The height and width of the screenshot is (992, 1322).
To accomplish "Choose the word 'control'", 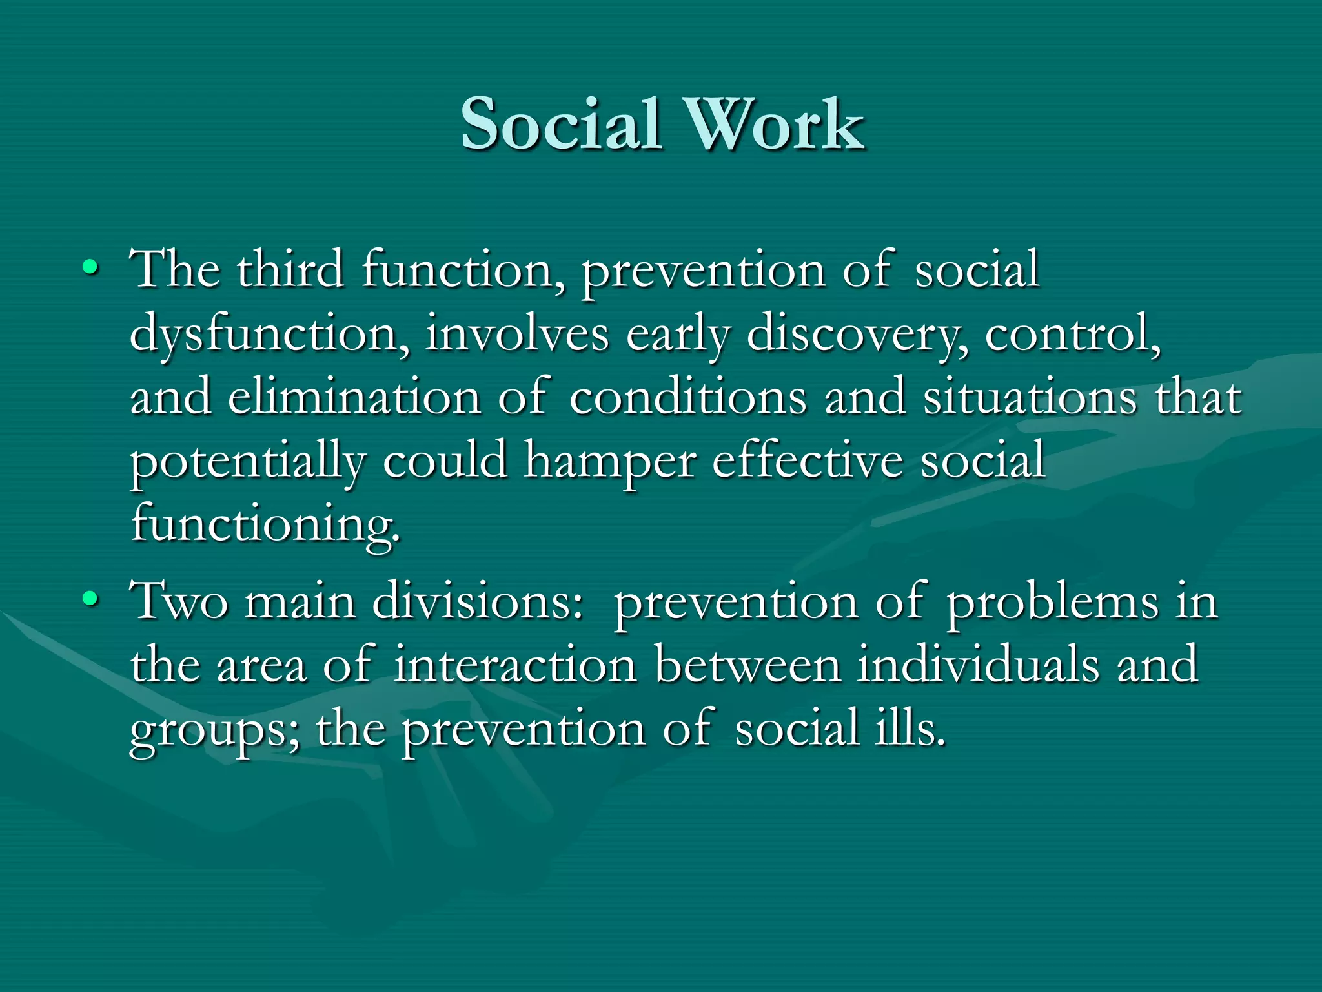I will click(x=1072, y=333).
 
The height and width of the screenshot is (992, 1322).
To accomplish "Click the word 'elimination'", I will click(x=354, y=397).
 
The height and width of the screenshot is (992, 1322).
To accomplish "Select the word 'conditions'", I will click(x=687, y=397).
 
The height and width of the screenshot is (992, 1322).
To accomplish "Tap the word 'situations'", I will click(x=1029, y=397).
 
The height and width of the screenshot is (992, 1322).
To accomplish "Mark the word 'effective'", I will click(x=807, y=460).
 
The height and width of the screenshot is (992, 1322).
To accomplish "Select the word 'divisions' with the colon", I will click(x=478, y=601).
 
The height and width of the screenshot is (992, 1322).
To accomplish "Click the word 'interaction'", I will click(x=515, y=664).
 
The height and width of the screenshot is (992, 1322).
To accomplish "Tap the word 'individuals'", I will click(x=977, y=664).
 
